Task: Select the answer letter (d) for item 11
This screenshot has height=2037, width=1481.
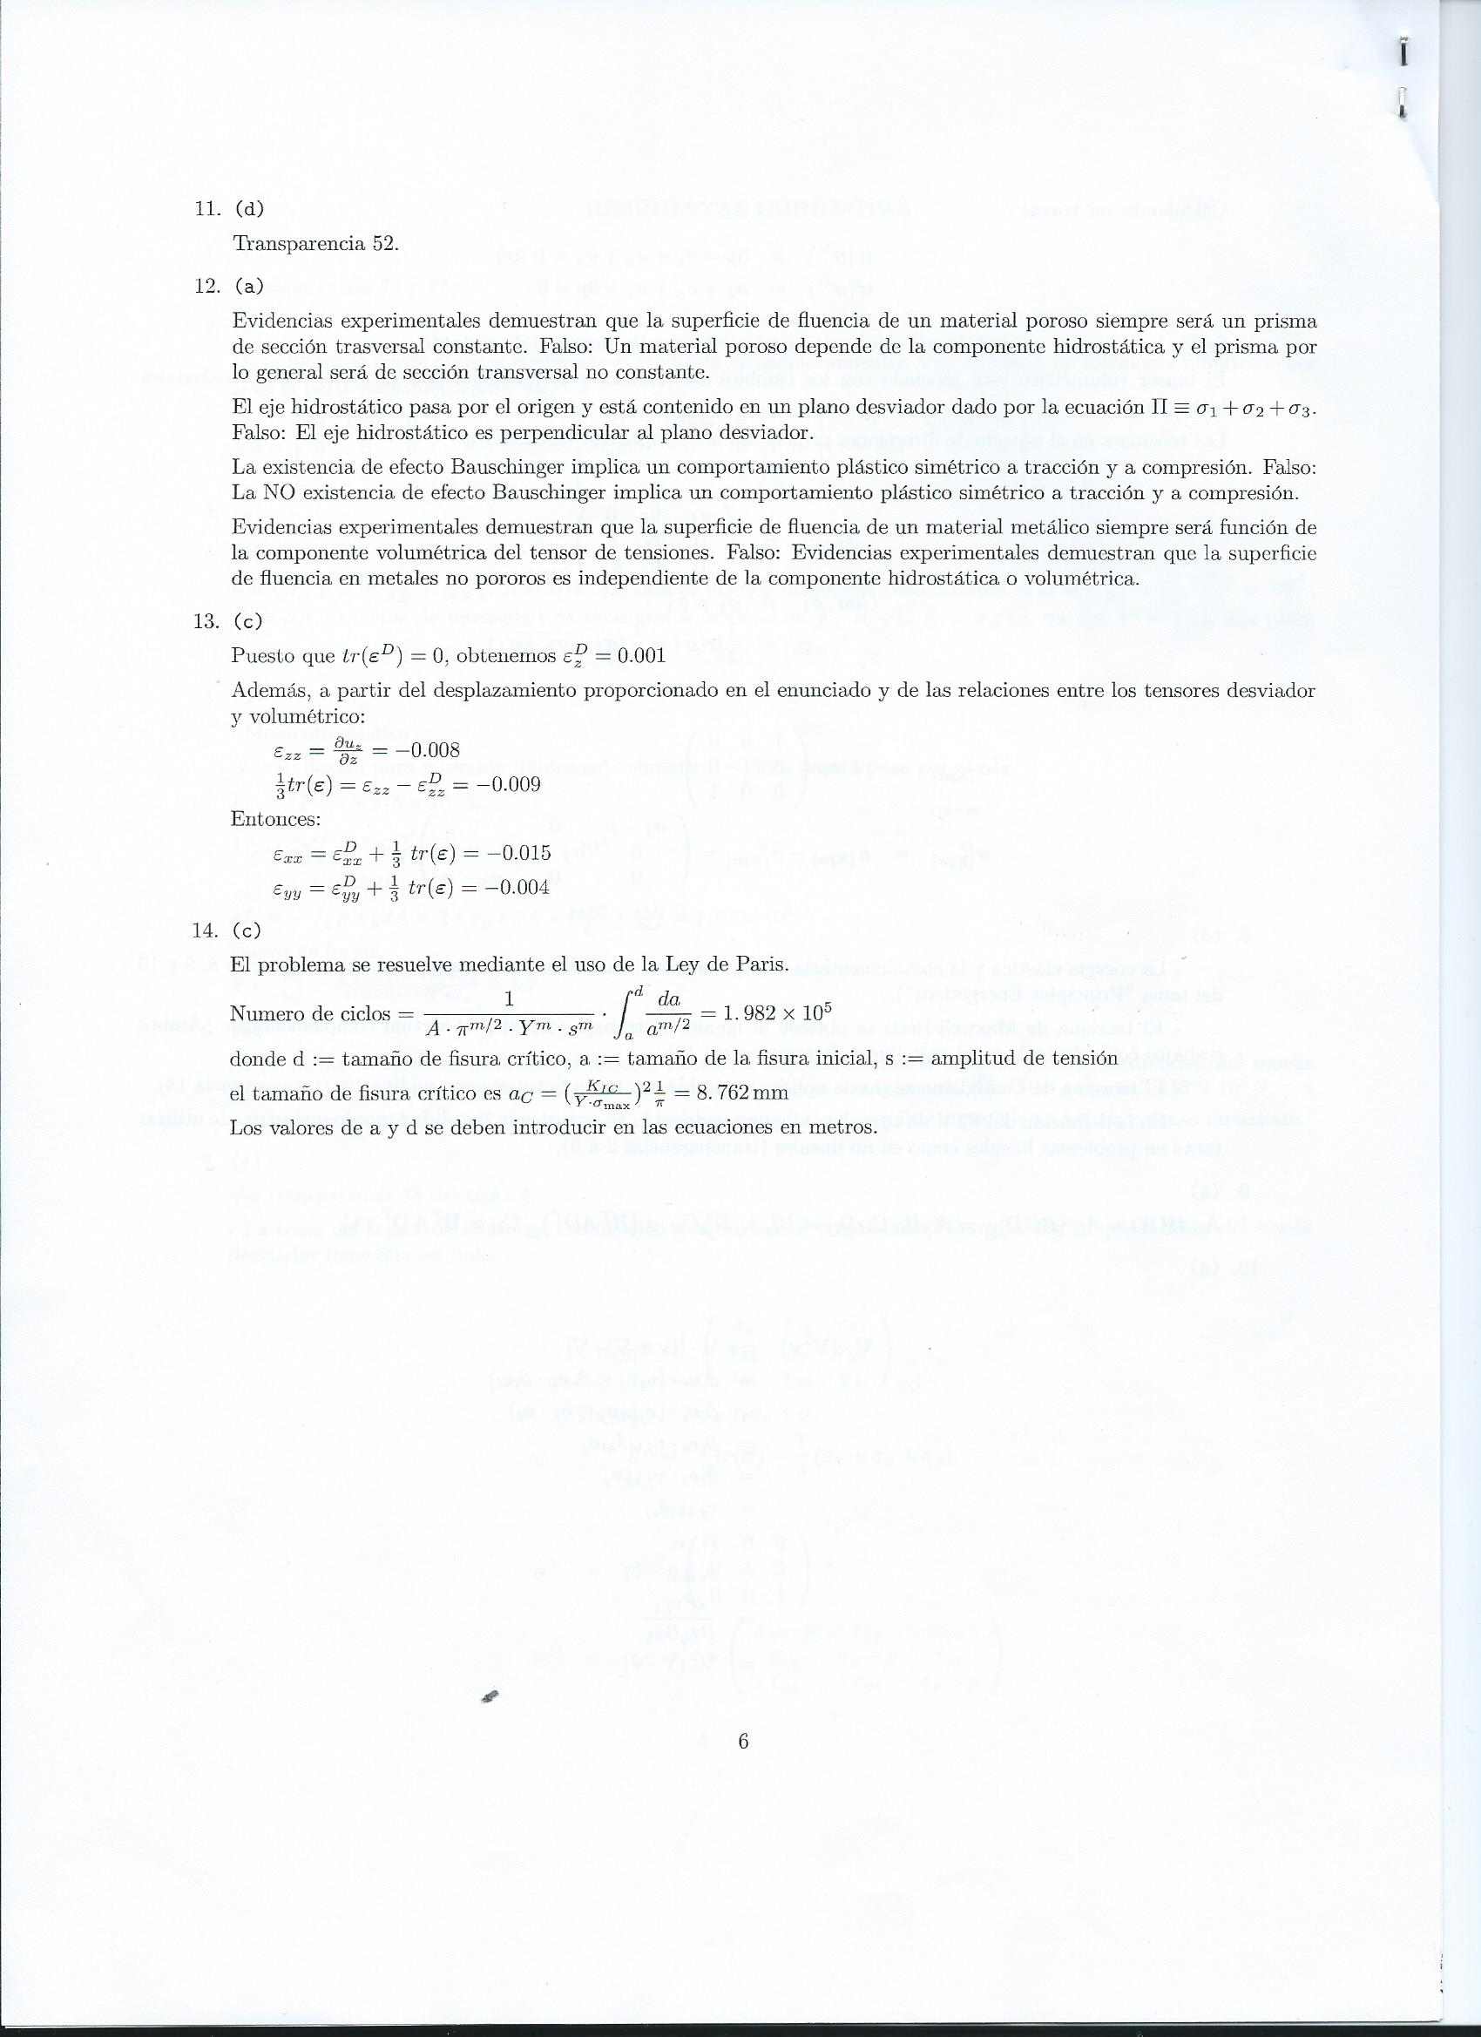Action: [249, 209]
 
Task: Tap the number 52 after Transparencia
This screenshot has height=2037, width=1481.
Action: [383, 244]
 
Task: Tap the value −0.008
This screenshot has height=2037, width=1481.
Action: [428, 750]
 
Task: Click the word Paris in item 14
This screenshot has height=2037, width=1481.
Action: [761, 964]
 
